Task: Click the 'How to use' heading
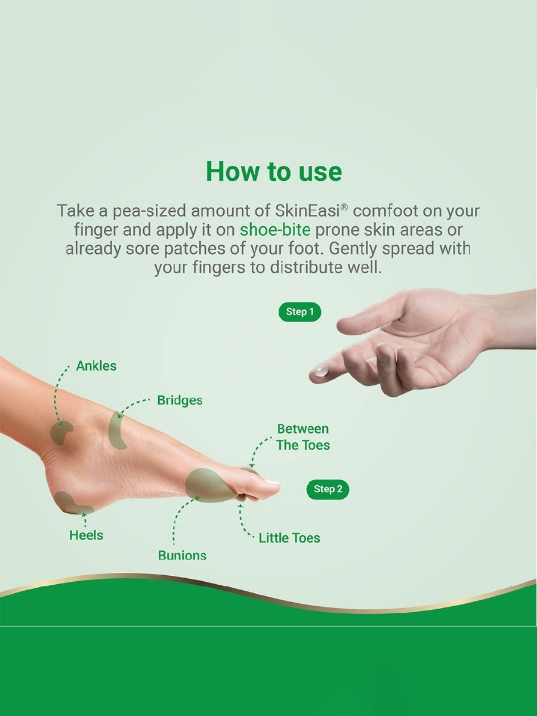click(274, 172)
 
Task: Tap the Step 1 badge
click(300, 311)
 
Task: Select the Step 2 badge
click(328, 489)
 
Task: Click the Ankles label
click(96, 366)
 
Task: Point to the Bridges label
click(180, 400)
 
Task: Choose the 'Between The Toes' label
click(303, 437)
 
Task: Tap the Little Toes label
click(289, 538)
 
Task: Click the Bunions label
click(182, 555)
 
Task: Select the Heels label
click(86, 535)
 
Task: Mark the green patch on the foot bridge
click(117, 430)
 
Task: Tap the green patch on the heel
click(70, 503)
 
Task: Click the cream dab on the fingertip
click(321, 372)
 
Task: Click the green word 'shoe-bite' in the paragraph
click(275, 230)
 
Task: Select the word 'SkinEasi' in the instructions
click(308, 211)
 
